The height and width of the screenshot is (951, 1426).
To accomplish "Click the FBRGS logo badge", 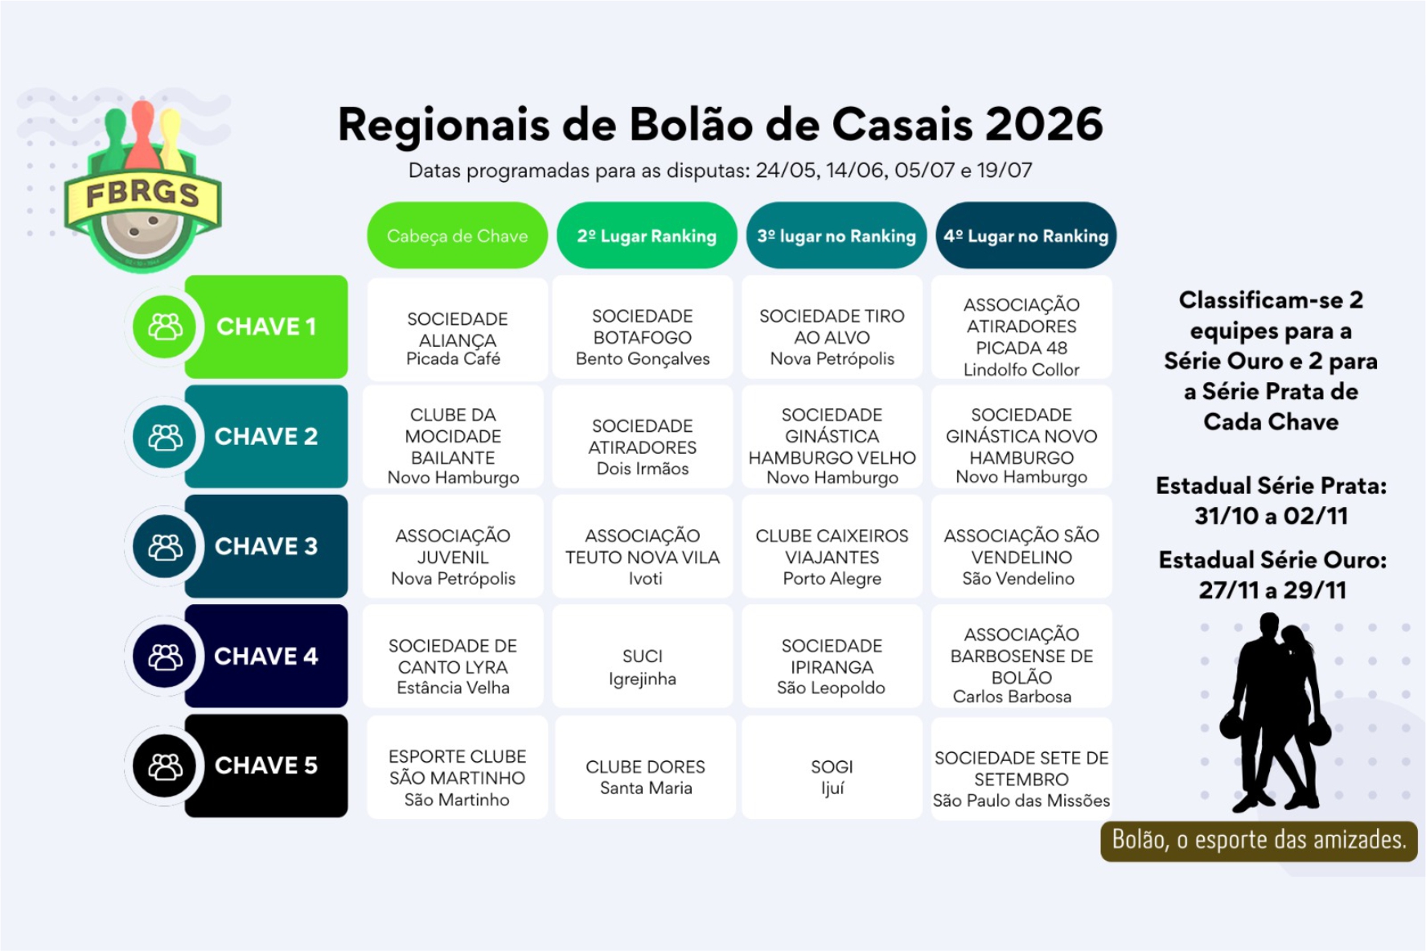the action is (142, 188).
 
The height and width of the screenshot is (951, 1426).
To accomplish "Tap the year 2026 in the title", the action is (1044, 125).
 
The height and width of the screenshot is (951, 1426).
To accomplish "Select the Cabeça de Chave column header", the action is (457, 236).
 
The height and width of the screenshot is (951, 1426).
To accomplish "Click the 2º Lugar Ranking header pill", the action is (647, 236).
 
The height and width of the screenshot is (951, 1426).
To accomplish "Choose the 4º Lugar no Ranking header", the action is (1026, 236).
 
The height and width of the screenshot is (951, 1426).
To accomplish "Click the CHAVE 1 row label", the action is (266, 327).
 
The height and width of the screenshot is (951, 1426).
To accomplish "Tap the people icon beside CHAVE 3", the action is (165, 547).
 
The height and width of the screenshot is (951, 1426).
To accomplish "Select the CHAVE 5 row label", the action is (266, 766).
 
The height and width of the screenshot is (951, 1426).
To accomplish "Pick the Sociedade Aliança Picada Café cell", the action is (457, 328).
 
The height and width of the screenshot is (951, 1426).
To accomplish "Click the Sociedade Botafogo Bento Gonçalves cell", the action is (643, 327).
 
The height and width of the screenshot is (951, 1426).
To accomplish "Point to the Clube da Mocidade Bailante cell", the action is (453, 437).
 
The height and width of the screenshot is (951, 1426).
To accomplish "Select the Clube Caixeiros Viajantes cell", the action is (832, 547).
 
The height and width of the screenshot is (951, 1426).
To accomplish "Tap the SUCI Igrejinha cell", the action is (643, 657).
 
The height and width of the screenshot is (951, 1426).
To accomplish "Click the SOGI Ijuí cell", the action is (832, 768).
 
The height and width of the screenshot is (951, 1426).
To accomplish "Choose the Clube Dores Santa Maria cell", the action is (645, 768).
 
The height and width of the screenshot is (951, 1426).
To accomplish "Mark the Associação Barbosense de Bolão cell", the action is (1021, 657).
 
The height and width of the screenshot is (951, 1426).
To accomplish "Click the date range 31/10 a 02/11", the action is (1271, 516).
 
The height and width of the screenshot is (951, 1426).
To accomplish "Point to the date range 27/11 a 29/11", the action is (1272, 591).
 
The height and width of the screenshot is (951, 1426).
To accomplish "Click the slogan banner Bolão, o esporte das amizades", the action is (1259, 841).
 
